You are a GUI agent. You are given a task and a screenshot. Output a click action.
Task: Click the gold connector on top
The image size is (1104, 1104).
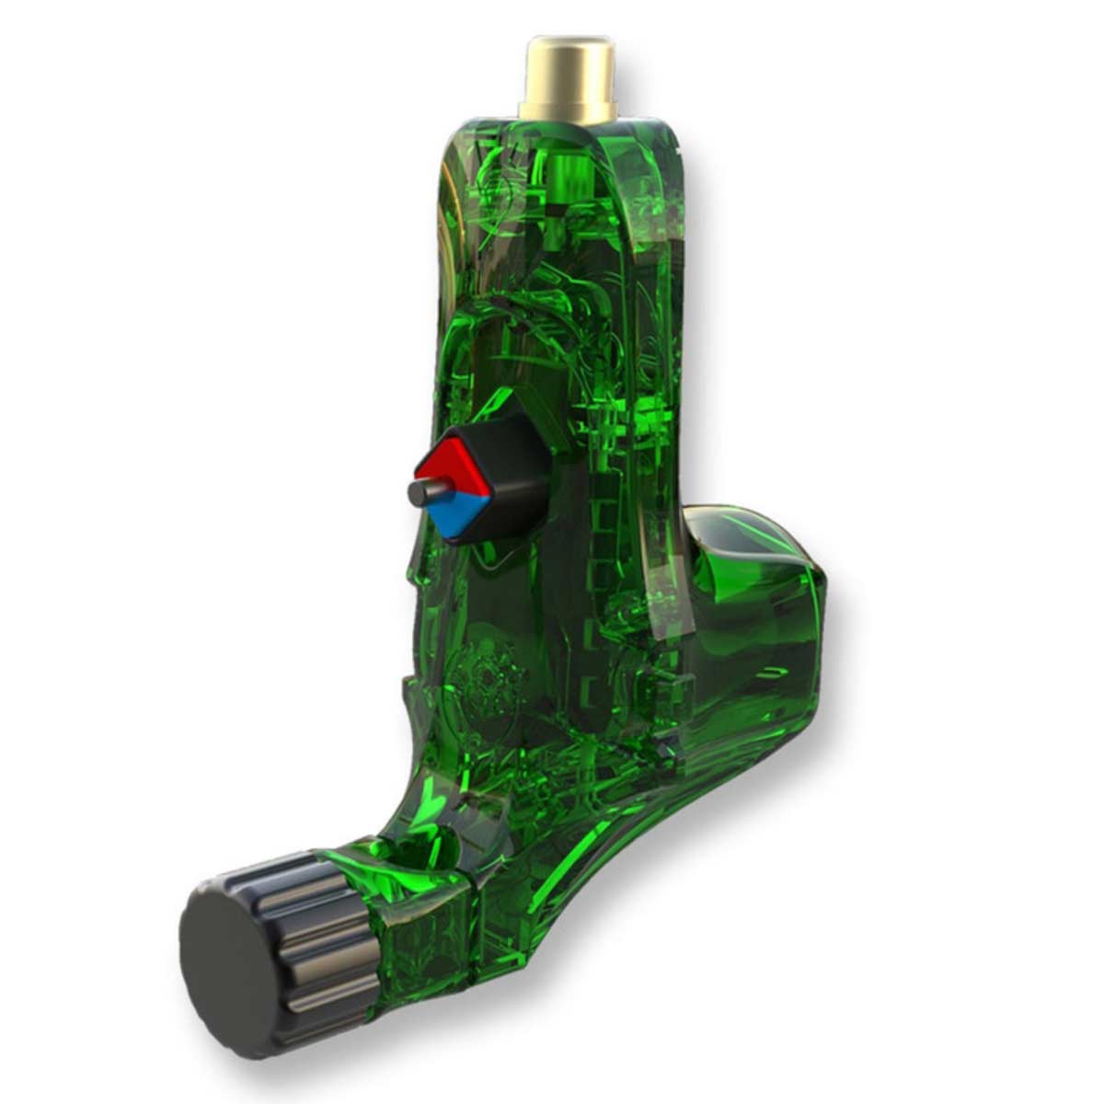click(567, 78)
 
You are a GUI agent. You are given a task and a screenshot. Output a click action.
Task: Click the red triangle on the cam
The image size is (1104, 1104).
click(448, 464)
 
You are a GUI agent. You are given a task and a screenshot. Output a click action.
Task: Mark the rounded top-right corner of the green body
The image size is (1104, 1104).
click(667, 138)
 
